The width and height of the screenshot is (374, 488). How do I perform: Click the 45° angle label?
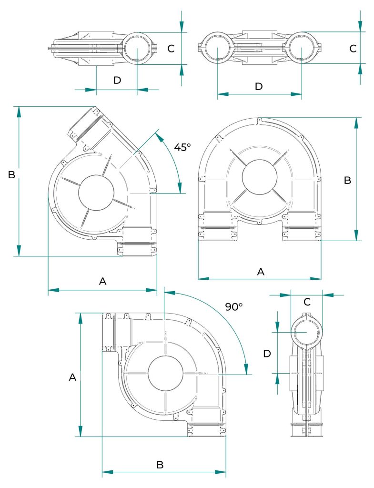click(182, 147)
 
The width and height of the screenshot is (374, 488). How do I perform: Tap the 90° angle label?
click(234, 307)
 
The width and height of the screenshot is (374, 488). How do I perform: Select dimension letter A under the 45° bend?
click(102, 282)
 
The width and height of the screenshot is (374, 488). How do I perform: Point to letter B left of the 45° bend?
click(12, 175)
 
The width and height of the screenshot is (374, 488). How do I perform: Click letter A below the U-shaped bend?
click(261, 272)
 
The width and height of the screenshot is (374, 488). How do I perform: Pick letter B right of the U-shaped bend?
click(347, 181)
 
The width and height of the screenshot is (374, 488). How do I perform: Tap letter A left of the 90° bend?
click(72, 377)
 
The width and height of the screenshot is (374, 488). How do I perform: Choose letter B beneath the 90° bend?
click(161, 465)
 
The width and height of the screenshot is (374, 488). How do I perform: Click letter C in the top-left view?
click(171, 49)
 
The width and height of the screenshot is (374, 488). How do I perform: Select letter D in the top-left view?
click(117, 81)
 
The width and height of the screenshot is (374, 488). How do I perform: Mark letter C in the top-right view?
click(353, 49)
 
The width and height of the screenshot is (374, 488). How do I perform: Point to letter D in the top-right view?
click(259, 86)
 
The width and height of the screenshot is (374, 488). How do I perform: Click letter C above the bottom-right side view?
click(307, 302)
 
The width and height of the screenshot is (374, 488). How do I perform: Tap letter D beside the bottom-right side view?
click(267, 354)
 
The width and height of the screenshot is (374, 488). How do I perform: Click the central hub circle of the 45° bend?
click(96, 193)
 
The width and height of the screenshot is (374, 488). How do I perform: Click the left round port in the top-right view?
click(217, 49)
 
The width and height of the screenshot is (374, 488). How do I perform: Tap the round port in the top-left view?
click(137, 49)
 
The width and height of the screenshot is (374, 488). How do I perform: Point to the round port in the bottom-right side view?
click(306, 332)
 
